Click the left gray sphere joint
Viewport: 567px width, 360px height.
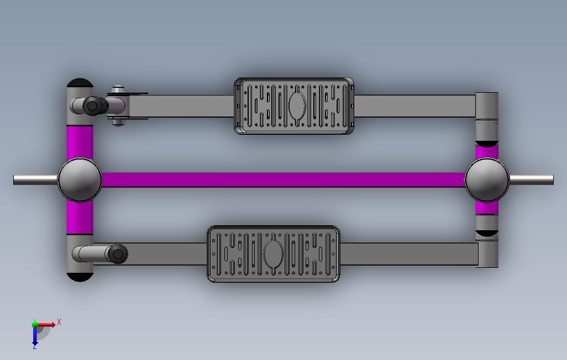80,179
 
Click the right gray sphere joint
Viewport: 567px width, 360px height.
487,179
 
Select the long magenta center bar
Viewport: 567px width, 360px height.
283,179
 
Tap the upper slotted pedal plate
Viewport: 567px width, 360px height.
294,106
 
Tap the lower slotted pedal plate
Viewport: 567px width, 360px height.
274,254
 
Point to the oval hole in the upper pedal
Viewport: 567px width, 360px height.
297,105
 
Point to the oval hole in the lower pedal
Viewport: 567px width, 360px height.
274,254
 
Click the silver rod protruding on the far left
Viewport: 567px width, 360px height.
35,179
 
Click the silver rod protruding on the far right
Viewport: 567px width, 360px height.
531,179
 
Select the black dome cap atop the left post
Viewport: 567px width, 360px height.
80,83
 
